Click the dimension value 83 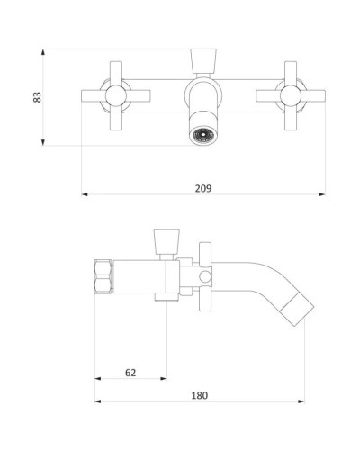tap(37, 97)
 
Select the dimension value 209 tap(203, 188)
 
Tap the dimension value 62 tap(130, 373)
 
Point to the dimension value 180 tap(200, 395)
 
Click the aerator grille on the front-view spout tap(203, 135)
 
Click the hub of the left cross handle tap(116, 96)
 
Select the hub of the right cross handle tap(291, 96)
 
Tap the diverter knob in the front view tap(203, 61)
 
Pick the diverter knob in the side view tap(166, 242)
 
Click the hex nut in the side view tap(103, 276)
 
